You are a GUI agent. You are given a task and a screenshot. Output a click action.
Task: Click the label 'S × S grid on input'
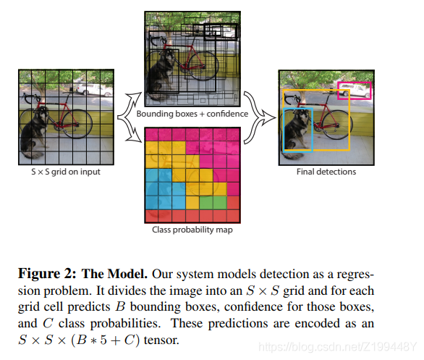[66, 172]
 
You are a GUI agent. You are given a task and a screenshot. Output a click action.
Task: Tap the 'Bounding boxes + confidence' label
[192, 114]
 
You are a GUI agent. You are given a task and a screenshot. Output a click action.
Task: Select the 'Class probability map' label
[192, 230]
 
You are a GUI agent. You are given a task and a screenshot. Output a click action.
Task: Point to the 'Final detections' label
[326, 172]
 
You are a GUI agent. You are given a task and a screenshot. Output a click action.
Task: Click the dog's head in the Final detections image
[304, 116]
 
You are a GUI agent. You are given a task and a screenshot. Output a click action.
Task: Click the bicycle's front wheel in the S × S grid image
[77, 124]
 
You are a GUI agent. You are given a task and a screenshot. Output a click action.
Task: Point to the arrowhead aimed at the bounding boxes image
[136, 97]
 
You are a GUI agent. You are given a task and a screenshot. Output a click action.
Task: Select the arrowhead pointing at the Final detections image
[269, 117]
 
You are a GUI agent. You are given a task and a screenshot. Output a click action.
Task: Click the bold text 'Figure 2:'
[47, 274]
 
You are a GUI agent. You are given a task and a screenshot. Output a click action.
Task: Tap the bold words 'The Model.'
[114, 274]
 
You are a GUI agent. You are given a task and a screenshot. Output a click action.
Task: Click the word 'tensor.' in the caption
[161, 340]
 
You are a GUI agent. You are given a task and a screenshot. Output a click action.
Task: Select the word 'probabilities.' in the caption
[125, 324]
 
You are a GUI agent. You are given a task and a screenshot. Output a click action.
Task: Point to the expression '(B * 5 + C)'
[106, 340]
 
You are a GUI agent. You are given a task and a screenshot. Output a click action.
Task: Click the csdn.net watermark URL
[337, 347]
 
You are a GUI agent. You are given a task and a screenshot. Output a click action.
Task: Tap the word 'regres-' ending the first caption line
[355, 275]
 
